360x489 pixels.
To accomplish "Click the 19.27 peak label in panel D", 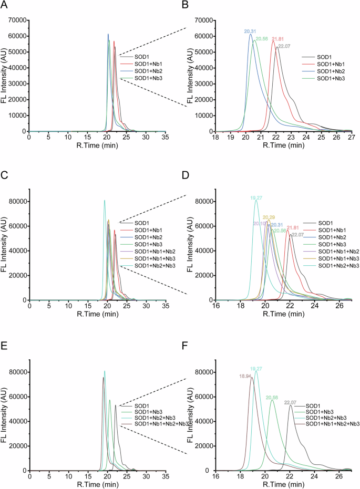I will [256, 198].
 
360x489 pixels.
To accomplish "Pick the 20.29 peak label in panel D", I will [269, 217].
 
